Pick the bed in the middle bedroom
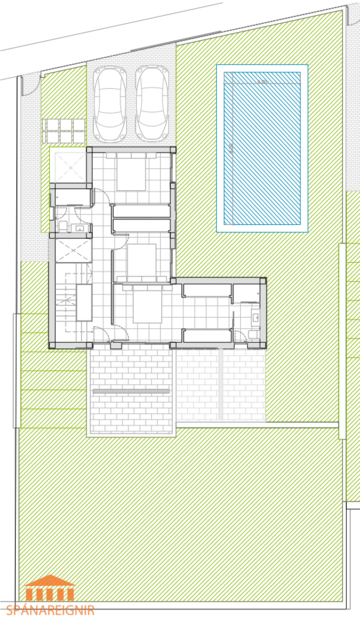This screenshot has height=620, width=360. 140,257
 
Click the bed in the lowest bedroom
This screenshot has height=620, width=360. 138,304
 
